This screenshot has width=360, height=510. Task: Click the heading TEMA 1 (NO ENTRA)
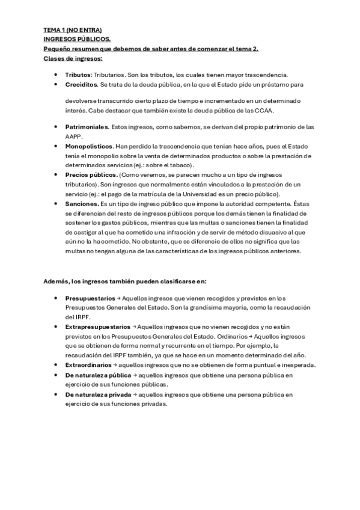click(73, 29)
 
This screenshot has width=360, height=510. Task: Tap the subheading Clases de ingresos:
click(73, 58)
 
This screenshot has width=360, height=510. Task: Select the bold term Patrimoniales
click(87, 127)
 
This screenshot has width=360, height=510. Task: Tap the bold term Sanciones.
click(82, 204)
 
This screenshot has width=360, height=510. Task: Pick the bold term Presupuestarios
click(90, 298)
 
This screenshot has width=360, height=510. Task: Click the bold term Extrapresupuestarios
click(97, 326)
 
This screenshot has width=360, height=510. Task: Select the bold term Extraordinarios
click(88, 365)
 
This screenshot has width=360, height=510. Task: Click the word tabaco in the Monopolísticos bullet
click(180, 165)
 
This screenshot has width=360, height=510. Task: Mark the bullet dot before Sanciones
click(56, 204)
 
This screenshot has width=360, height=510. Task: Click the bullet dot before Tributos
click(56, 75)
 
